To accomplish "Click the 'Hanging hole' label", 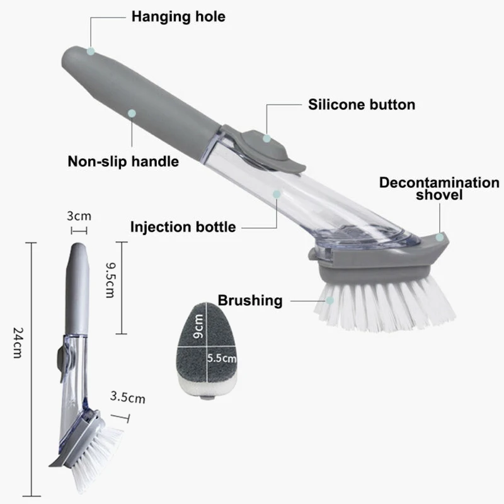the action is pyautogui.click(x=178, y=17).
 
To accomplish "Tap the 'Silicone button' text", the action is pyautogui.click(x=362, y=105).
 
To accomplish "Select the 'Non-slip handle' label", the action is pyautogui.click(x=123, y=161).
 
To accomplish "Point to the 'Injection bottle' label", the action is pyautogui.click(x=183, y=227).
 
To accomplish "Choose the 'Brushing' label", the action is pyautogui.click(x=250, y=301).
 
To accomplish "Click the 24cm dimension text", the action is pyautogui.click(x=18, y=342).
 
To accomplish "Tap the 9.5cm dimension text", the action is pyautogui.click(x=110, y=280).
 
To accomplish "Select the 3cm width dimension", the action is pyautogui.click(x=79, y=215).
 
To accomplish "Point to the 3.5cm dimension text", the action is pyautogui.click(x=128, y=398).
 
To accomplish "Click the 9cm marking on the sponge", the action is pyautogui.click(x=198, y=326).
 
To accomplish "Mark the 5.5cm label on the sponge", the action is pyautogui.click(x=222, y=358).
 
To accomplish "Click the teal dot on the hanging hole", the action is pyautogui.click(x=91, y=51).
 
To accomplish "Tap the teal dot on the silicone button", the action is pyautogui.click(x=266, y=139).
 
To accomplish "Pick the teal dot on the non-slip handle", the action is pyautogui.click(x=132, y=113).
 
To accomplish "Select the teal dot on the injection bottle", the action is pyautogui.click(x=277, y=194).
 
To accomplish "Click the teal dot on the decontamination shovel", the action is pyautogui.click(x=440, y=238).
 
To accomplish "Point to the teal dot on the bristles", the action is pyautogui.click(x=330, y=301).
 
